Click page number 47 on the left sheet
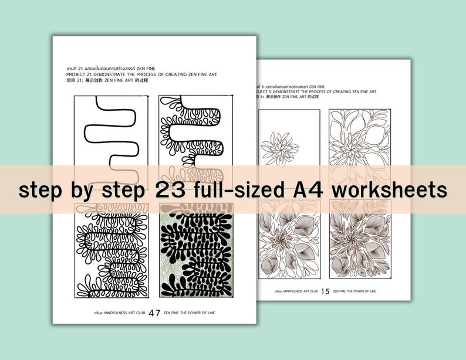click(154, 313)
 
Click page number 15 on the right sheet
click(325, 291)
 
